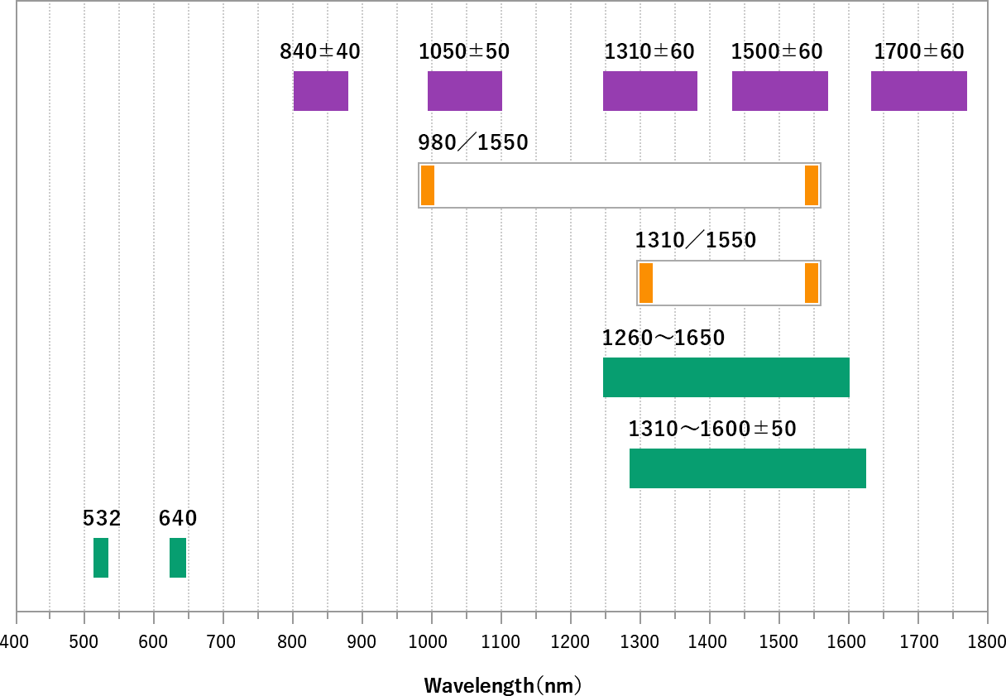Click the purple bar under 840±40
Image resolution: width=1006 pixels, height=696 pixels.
tap(321, 91)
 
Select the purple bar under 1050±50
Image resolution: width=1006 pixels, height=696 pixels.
tap(465, 91)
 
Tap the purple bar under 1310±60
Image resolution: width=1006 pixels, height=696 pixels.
tap(650, 91)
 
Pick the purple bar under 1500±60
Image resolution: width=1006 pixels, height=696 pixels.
tap(780, 91)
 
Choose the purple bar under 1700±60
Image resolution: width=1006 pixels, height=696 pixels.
tap(919, 91)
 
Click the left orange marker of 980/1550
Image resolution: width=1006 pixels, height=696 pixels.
tap(428, 185)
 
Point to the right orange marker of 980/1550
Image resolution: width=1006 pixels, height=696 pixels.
tap(812, 185)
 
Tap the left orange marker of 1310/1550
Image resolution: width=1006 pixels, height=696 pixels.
tap(646, 283)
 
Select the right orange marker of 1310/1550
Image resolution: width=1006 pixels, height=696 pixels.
tap(812, 283)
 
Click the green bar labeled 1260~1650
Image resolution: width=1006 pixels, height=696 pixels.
tap(726, 377)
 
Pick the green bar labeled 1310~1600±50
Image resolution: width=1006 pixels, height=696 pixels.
tap(748, 468)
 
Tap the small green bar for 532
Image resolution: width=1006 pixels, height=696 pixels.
tap(101, 558)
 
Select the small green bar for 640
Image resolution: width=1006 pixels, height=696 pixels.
tap(178, 558)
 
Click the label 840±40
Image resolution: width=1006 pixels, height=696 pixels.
tap(320, 51)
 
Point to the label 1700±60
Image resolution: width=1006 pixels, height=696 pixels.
tap(919, 51)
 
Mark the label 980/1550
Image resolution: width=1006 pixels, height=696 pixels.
tap(473, 142)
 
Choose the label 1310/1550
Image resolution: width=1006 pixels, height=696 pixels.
tap(696, 240)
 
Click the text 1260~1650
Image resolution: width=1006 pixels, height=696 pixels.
tap(663, 338)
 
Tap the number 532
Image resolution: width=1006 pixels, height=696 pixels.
tap(102, 518)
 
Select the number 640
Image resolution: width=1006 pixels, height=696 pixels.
tap(178, 518)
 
